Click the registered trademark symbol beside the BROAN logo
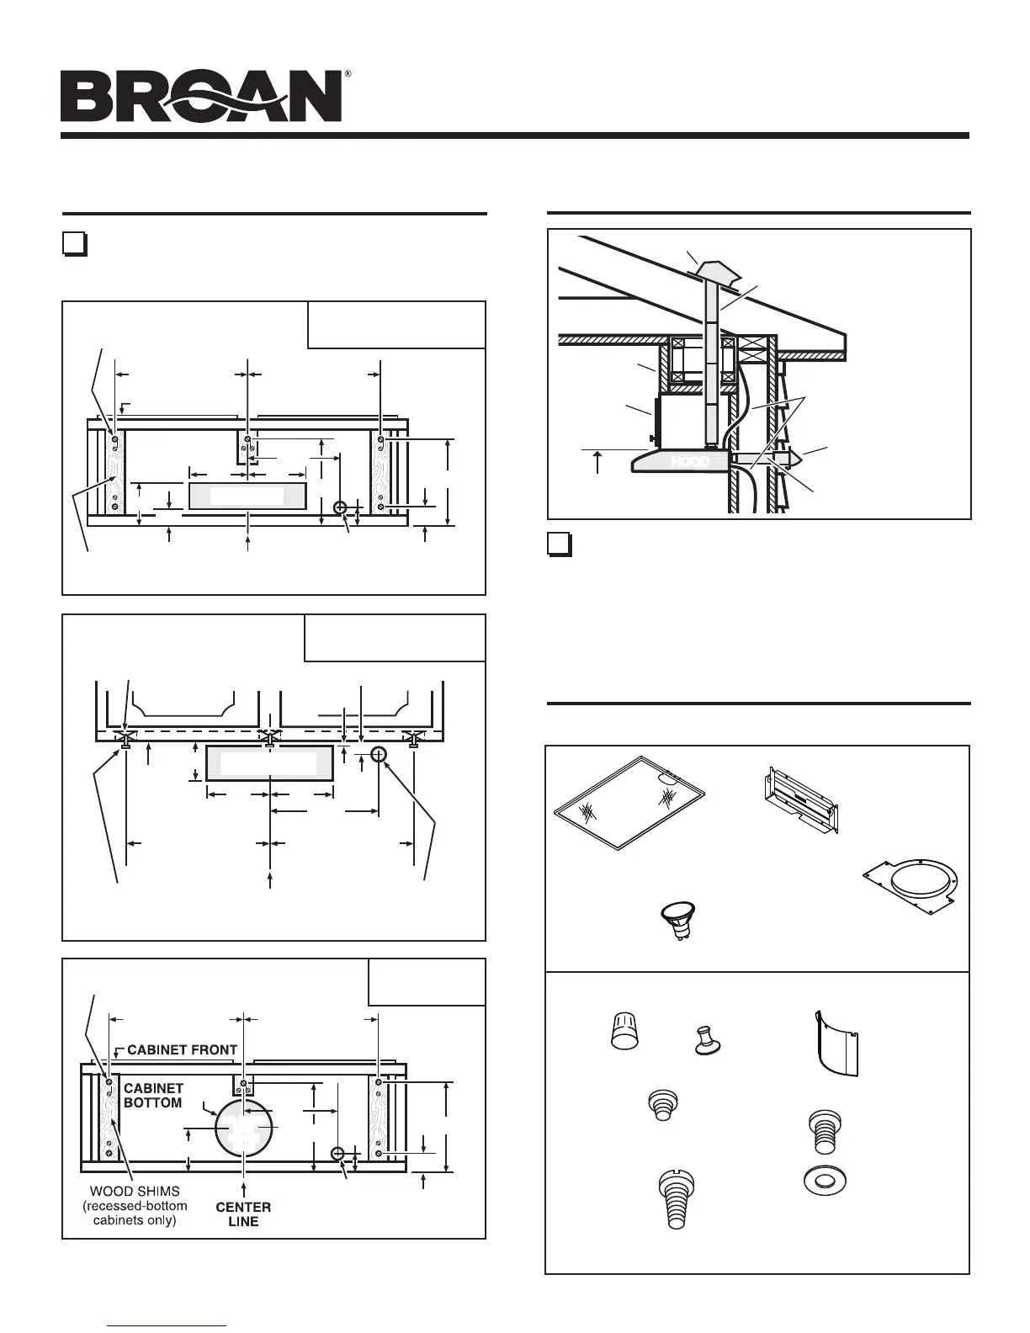(x=348, y=75)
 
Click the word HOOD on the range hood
(x=689, y=461)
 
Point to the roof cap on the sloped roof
(x=714, y=269)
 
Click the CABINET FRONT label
(x=182, y=1049)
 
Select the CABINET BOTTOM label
(x=153, y=1096)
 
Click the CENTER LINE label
(x=243, y=1214)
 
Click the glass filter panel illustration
(x=629, y=802)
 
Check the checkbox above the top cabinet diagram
(x=74, y=244)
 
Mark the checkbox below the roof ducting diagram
(x=559, y=544)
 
